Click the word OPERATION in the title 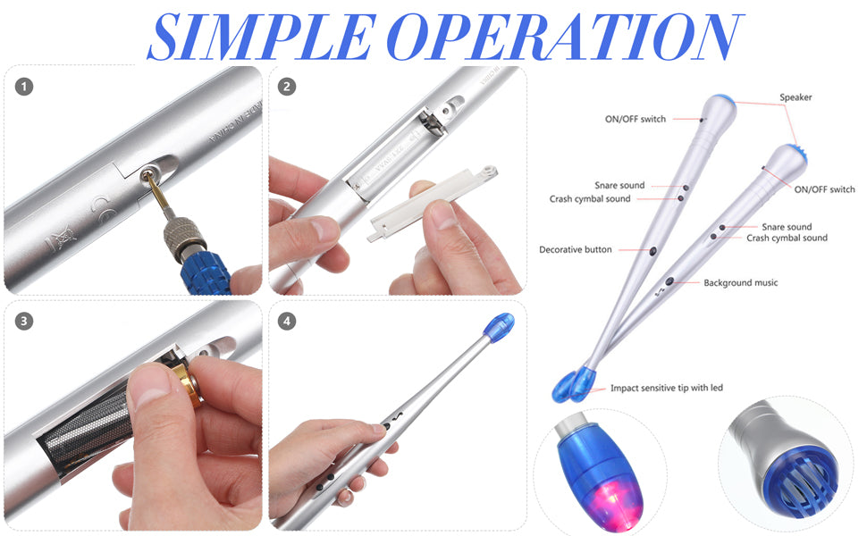[565, 36]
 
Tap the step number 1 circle [24, 87]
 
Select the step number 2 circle [286, 87]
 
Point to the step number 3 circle [24, 321]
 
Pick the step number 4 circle [286, 321]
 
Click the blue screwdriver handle [205, 272]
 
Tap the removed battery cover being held [432, 202]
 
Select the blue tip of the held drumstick [499, 327]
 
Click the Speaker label [795, 97]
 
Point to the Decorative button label [575, 250]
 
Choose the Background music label [740, 283]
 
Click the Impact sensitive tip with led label [666, 388]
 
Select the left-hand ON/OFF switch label [636, 119]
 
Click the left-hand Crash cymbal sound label [589, 199]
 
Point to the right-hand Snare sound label [787, 227]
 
